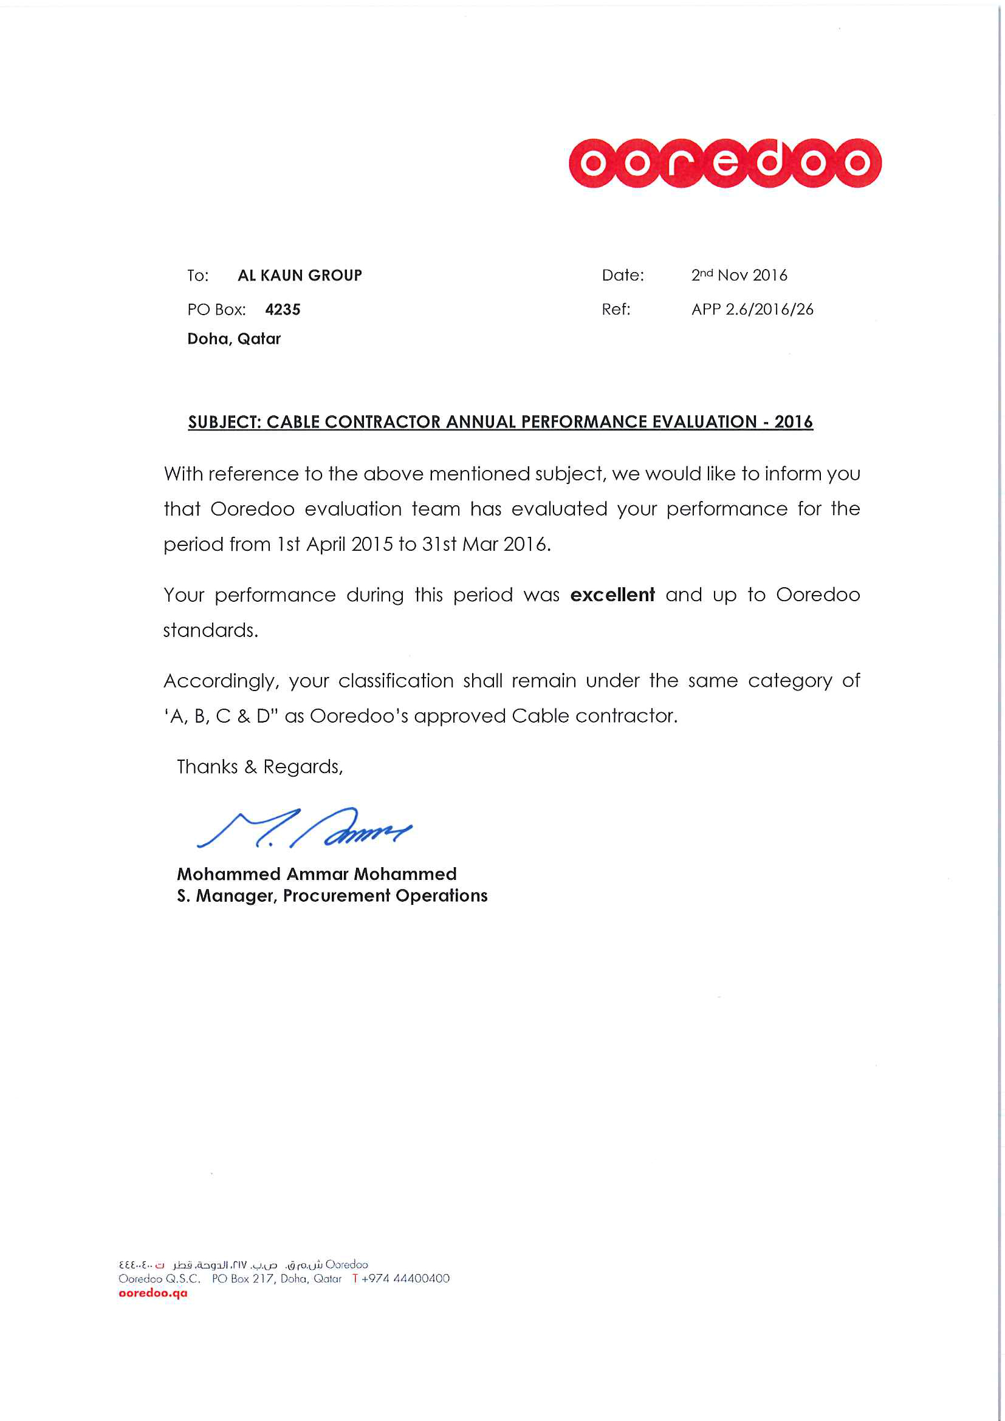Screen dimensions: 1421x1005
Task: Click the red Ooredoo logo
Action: [724, 163]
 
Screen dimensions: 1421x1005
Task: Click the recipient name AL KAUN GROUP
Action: [300, 276]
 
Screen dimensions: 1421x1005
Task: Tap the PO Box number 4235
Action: [283, 310]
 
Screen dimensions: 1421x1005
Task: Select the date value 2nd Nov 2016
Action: [739, 276]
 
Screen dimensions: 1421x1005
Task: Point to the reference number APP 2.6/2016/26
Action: [752, 310]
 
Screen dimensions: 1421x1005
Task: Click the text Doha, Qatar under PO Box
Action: [234, 338]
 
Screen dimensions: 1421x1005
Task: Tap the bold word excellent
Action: [612, 595]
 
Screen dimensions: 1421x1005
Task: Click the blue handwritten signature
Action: [303, 828]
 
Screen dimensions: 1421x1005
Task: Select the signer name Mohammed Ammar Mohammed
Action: [317, 874]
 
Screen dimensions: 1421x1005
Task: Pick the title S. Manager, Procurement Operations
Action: [332, 896]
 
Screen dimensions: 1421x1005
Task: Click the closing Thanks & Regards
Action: [259, 767]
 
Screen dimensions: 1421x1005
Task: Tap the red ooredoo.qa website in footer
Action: [153, 1293]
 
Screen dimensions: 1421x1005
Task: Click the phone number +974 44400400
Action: [405, 1279]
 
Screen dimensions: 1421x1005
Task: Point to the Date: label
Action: [622, 276]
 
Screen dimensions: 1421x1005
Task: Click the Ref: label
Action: [616, 310]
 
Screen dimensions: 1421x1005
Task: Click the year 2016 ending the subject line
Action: [793, 422]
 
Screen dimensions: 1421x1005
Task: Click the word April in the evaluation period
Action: [326, 544]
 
